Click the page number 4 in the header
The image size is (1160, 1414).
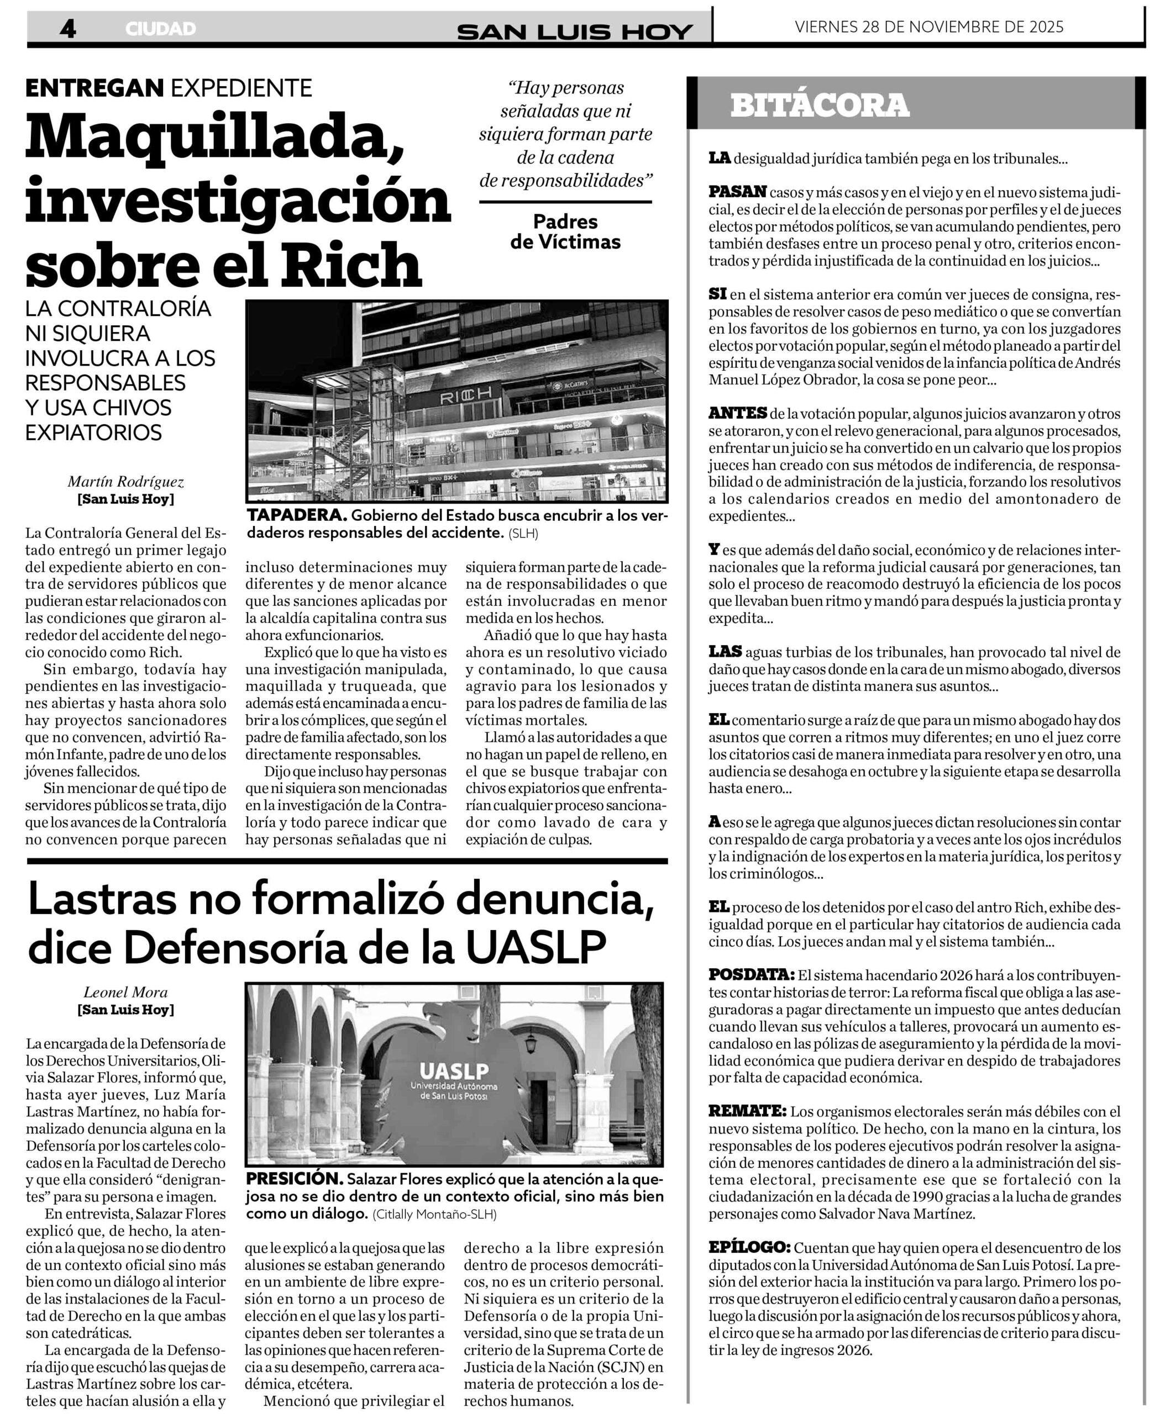pos(67,28)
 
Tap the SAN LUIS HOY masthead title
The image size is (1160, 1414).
pos(575,31)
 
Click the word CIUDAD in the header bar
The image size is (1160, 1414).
pos(160,29)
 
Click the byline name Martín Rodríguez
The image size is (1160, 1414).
pos(125,482)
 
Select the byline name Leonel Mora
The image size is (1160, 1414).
pos(125,992)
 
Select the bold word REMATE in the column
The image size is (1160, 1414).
pos(747,1111)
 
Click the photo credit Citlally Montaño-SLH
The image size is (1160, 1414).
pos(434,1214)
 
